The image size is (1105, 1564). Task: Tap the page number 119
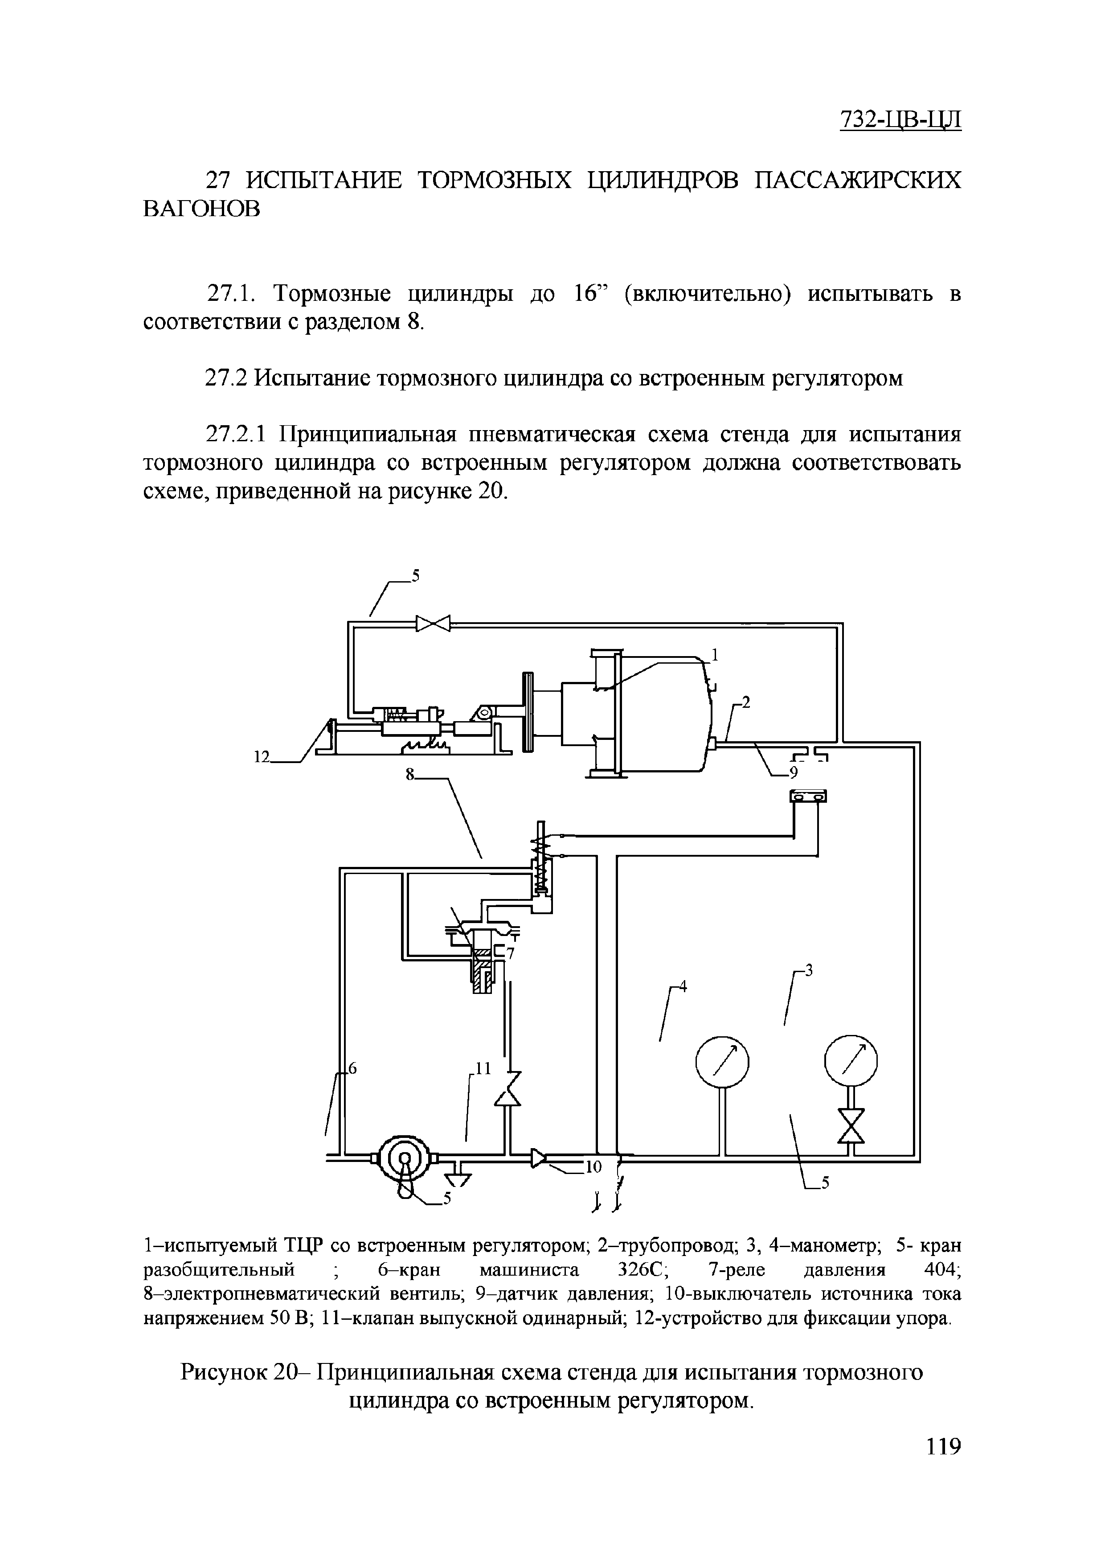click(943, 1465)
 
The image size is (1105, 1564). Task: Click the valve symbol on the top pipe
click(434, 623)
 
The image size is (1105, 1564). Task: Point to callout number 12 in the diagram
click(262, 757)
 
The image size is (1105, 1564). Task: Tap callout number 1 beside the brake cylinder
click(715, 655)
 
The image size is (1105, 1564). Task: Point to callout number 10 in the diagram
click(593, 1167)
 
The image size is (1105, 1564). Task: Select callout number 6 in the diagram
click(352, 1070)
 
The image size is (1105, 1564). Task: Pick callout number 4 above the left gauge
click(683, 987)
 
